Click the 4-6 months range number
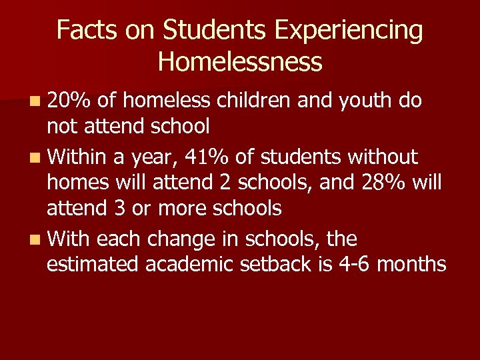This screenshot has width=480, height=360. point(356,265)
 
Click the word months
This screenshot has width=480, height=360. point(411,265)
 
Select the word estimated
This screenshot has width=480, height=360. point(93,265)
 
